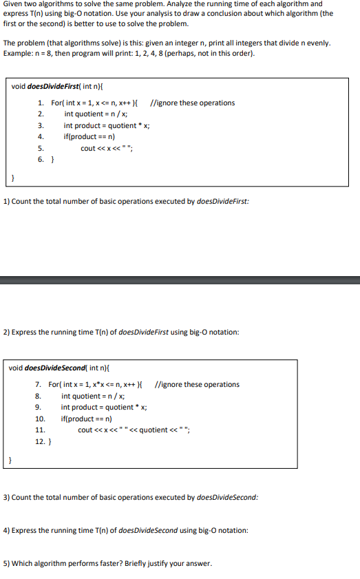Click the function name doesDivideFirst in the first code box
coord(59,87)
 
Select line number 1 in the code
coord(41,103)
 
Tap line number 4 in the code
coord(41,136)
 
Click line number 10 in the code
coord(39,419)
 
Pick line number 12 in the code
coord(39,441)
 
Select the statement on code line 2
coord(96,114)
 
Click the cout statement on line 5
coord(106,148)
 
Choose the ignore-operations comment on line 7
coord(198,385)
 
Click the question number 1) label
coord(6,201)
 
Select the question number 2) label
coord(6,333)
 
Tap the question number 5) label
coord(6,563)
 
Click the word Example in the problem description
coord(17,54)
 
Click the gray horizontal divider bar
coord(180,280)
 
